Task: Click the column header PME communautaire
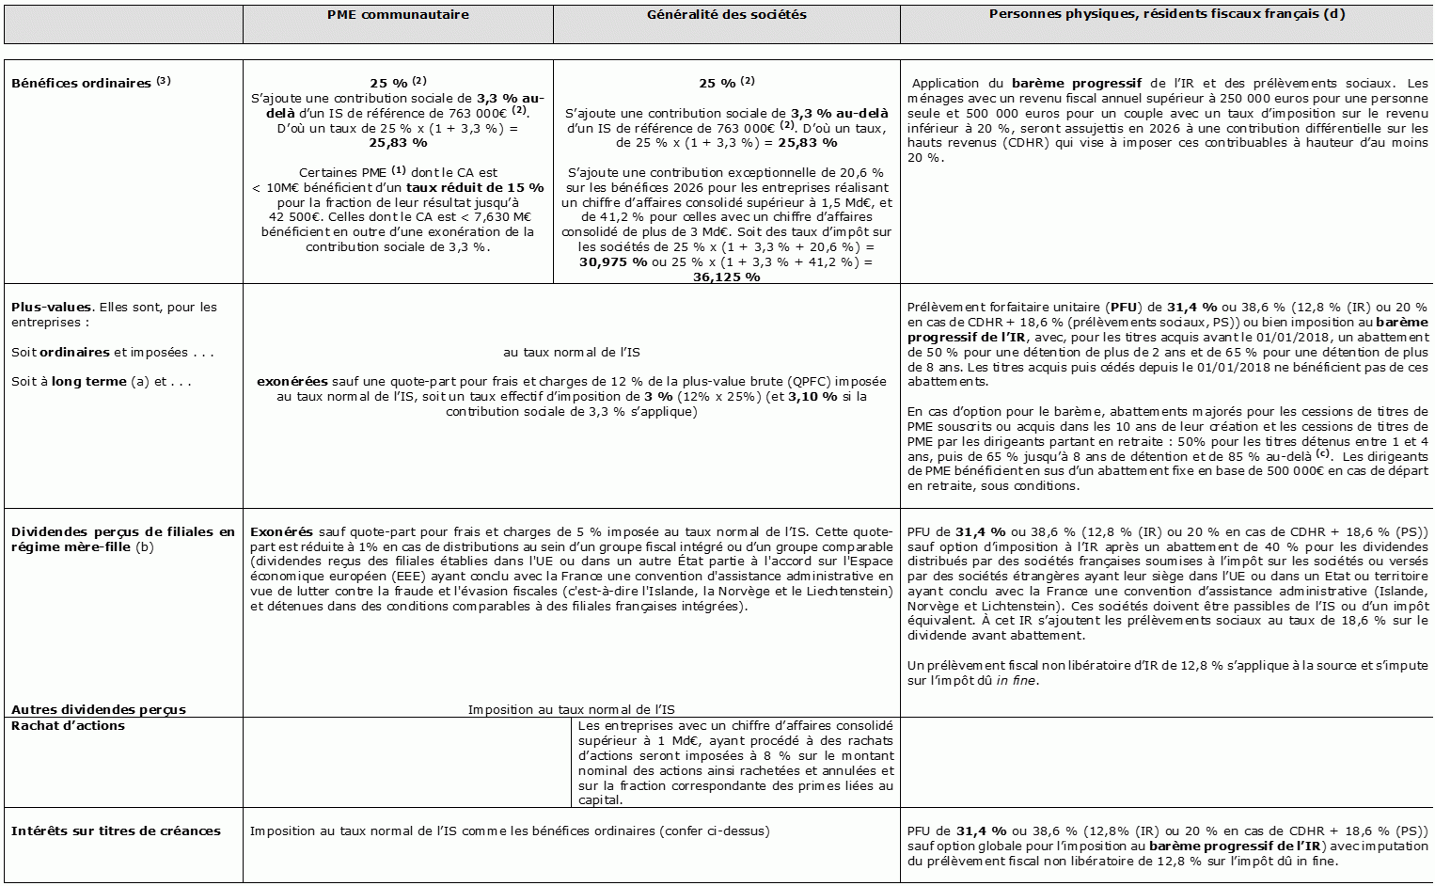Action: point(398,15)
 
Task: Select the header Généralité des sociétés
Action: point(726,15)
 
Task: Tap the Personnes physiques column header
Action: point(1166,15)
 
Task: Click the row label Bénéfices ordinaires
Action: point(82,83)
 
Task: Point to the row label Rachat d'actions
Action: point(68,725)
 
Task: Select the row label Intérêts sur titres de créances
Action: point(116,831)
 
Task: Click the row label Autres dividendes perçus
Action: point(99,709)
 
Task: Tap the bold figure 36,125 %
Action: point(726,277)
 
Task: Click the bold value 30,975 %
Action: point(613,262)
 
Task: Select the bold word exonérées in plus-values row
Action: point(292,382)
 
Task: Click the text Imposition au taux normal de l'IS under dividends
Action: point(571,709)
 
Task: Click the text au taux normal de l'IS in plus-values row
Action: point(571,352)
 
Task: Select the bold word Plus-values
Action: point(52,307)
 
